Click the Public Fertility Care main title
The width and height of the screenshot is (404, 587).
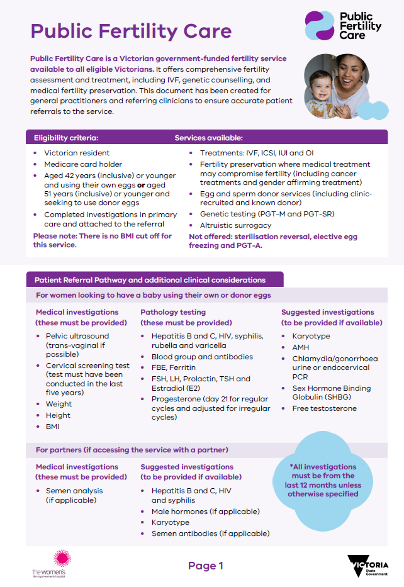[x=131, y=31]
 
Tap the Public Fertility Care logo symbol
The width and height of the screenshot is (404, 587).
[x=319, y=26]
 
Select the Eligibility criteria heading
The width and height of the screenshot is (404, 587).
[x=66, y=138]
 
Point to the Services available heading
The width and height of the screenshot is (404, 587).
[x=208, y=138]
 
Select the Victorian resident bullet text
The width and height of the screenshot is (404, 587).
[x=77, y=153]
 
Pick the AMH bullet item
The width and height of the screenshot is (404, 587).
[x=301, y=347]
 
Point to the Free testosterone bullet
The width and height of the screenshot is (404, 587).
[x=324, y=408]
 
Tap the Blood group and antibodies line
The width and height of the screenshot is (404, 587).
[x=202, y=357]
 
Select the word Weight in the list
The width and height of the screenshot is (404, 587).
[x=59, y=404]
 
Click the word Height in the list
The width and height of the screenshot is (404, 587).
[x=58, y=415]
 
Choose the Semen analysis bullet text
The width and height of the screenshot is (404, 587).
[x=76, y=491]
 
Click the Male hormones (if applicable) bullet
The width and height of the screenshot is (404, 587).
[x=205, y=512]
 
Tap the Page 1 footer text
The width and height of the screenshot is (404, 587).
[x=205, y=566]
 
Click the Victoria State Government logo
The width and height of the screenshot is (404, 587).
[x=368, y=566]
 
